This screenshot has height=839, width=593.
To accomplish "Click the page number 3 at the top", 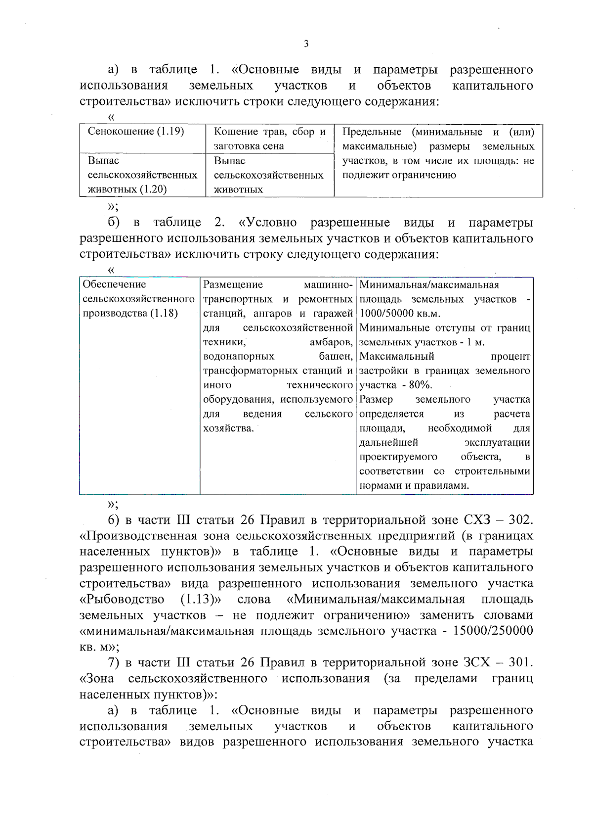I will click(306, 44).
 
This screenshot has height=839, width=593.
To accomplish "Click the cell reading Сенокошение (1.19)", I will click(136, 132).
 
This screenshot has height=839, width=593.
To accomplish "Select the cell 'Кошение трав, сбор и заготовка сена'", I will click(269, 139).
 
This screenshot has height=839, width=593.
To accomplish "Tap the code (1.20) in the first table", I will click(152, 189).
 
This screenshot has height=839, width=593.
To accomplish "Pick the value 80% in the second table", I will click(420, 385).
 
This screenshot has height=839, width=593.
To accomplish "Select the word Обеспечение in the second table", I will click(114, 284).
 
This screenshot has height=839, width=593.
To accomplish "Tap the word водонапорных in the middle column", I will click(238, 357).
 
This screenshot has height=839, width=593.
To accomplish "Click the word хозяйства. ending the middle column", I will click(228, 428).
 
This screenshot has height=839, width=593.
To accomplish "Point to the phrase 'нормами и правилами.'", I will click(414, 486).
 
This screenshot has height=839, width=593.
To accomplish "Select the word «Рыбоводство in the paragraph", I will click(122, 600).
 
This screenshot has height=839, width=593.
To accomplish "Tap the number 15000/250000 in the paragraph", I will click(493, 631).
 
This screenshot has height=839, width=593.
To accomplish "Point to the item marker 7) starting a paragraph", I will click(114, 663).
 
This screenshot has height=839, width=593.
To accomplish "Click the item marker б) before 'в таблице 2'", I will click(114, 223).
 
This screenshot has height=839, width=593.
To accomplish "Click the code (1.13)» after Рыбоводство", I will click(201, 600).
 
